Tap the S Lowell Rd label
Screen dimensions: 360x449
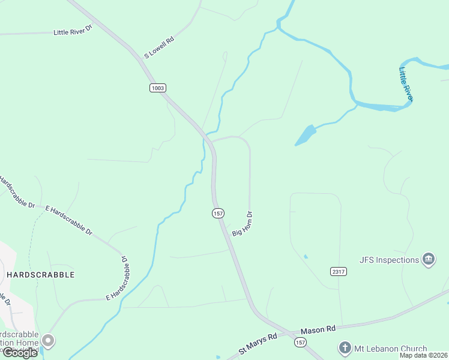coord(159,48)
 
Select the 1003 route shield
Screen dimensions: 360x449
coord(157,88)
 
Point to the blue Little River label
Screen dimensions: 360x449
coord(406,84)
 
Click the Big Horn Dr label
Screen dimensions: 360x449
coord(244,223)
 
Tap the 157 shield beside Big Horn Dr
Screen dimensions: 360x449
coord(218,213)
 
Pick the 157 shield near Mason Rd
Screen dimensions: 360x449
coord(300,341)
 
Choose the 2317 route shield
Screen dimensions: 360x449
coord(339,272)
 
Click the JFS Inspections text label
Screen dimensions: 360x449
coord(389,260)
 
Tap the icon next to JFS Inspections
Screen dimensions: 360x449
coord(429,259)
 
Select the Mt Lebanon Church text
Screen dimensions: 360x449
coord(391,349)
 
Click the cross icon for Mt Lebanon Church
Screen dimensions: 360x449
coord(345,348)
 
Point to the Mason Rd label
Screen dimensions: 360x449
coord(318,330)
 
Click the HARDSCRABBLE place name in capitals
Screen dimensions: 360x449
coord(41,275)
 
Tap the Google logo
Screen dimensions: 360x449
coord(20,353)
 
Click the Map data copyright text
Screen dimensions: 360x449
coord(423,355)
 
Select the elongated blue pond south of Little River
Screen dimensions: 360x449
coord(306,135)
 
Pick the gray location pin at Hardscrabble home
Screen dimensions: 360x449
coord(48,341)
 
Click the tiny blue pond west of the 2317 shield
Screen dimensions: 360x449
coord(306,257)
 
